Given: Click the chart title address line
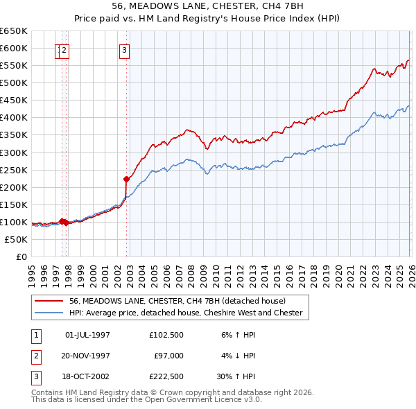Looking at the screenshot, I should [207, 5].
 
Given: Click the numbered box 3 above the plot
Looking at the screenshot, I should [123, 49].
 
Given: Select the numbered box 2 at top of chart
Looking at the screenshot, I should [64, 49].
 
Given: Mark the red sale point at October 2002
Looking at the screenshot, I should [126, 179].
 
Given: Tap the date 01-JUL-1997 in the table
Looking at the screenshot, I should [87, 335].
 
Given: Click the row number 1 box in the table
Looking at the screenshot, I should [35, 335].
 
